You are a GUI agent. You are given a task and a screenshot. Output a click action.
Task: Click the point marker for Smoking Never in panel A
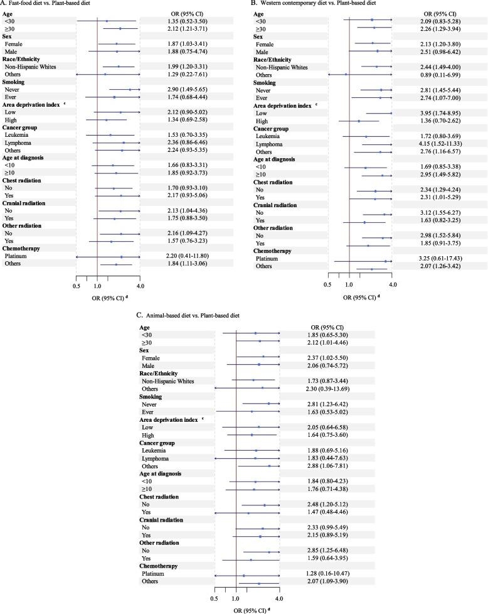click(x=130, y=89)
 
